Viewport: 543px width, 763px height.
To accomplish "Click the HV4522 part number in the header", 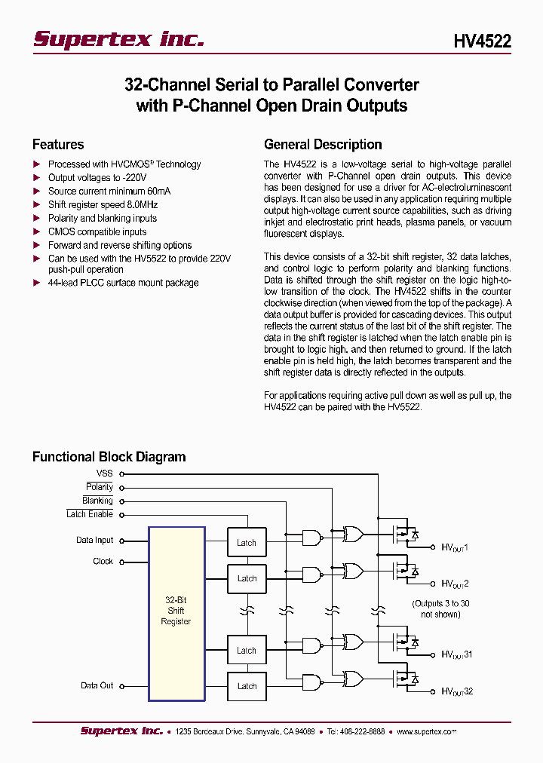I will pos(482,41).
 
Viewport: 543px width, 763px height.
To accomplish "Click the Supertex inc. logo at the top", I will pos(118,40).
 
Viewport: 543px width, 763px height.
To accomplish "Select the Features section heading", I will pos(58,145).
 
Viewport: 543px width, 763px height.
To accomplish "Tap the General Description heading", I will pos(323,145).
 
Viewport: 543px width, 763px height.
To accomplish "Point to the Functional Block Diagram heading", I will pos(109,457).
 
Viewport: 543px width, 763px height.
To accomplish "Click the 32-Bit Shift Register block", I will pos(176,614).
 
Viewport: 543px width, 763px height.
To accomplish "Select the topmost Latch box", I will pos(247,543).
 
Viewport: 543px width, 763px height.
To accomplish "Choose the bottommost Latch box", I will pos(247,686).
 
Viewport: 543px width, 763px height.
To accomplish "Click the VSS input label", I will pos(104,473).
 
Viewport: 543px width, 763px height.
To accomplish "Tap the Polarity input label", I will pos(100,487).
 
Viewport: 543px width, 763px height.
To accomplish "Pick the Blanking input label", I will pos(97,501).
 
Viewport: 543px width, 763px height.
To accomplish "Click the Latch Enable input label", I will pos(90,514).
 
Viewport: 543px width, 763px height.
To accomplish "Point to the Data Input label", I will pos(94,541).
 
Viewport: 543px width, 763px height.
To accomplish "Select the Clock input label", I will pos(103,562).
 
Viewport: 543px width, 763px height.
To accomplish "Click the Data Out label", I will pos(97,685).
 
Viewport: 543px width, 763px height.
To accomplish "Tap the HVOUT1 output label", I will pos(455,548).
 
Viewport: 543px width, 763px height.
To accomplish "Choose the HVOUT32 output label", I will pos(457,691).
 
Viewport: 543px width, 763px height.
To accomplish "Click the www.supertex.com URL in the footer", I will pos(426,731).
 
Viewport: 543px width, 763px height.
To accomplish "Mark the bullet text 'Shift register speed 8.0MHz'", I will pos(103,204).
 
